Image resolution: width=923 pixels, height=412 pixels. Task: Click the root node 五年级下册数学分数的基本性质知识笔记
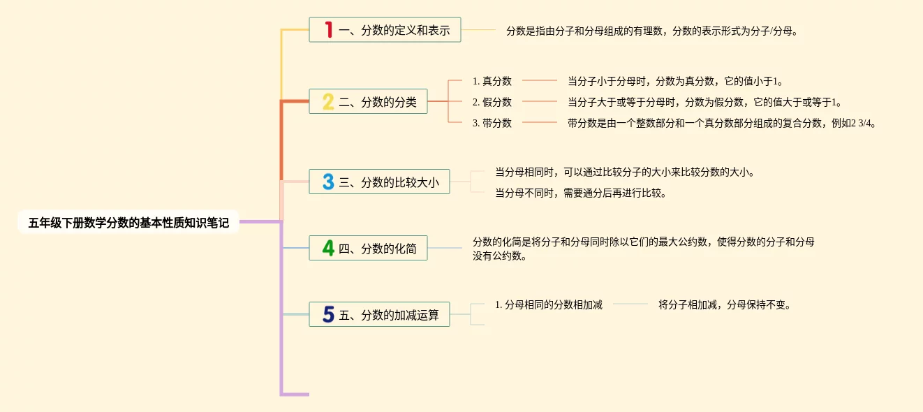coord(128,223)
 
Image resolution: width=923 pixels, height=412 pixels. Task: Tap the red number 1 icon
coord(328,30)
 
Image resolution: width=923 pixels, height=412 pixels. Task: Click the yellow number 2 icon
coord(327,102)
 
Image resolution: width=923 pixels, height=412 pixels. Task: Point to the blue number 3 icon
coord(327,182)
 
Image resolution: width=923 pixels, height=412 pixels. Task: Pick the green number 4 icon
coord(327,248)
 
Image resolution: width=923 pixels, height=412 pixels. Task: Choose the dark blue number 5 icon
coord(327,315)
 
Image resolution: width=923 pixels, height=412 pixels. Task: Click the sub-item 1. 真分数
coord(492,81)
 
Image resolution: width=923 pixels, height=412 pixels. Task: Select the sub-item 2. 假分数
coord(492,102)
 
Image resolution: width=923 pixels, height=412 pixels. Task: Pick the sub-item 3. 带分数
coord(492,123)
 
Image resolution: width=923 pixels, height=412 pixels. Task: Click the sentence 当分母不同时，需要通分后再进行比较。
coord(580,193)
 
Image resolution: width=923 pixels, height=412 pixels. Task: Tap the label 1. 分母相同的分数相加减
coord(548,304)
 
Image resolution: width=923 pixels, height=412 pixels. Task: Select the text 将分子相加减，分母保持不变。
coord(724,304)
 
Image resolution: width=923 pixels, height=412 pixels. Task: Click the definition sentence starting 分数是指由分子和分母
coord(651,31)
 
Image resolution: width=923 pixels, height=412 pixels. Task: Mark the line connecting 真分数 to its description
coord(540,81)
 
